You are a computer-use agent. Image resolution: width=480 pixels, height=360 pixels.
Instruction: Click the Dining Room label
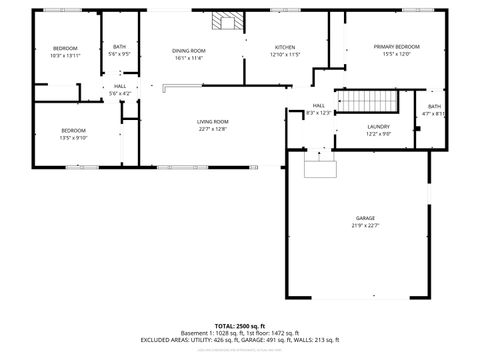click(x=188, y=50)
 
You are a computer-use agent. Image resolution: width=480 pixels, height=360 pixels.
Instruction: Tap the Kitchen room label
click(x=285, y=47)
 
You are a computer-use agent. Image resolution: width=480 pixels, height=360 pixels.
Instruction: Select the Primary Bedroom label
click(x=396, y=47)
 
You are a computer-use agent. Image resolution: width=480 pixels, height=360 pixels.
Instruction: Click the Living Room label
click(x=212, y=121)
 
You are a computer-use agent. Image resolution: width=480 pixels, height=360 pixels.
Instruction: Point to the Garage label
click(x=366, y=217)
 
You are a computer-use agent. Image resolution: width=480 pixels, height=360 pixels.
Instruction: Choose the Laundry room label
click(x=378, y=126)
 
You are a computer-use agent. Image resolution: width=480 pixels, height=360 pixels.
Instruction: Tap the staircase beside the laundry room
click(x=365, y=101)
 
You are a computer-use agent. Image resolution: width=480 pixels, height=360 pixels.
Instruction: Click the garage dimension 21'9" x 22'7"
click(x=366, y=225)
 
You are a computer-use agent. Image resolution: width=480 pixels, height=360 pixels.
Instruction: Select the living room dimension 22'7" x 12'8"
click(x=212, y=129)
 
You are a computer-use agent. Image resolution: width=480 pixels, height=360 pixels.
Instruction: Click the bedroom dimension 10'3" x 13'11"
click(x=64, y=56)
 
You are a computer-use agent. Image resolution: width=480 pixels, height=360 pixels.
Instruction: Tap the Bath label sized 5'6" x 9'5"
click(x=120, y=47)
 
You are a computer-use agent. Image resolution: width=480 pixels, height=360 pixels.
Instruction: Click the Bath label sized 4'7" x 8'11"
click(x=434, y=106)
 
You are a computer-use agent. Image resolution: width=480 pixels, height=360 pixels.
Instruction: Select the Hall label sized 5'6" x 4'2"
click(x=120, y=87)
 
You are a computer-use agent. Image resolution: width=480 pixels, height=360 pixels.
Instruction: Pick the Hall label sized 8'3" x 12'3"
click(x=318, y=105)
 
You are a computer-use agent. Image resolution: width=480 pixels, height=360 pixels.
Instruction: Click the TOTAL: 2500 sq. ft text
click(x=240, y=326)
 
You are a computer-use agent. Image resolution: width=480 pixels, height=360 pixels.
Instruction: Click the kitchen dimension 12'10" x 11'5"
click(x=285, y=55)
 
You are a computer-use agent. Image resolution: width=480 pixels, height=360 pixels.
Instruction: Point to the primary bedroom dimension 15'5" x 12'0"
click(x=396, y=55)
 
